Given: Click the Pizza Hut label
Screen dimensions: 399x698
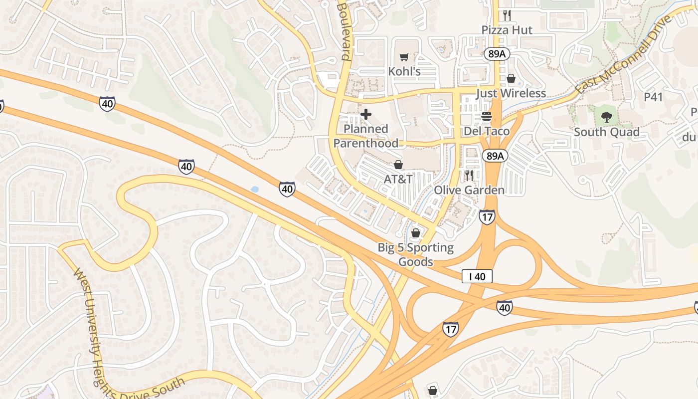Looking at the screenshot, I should coord(507,30).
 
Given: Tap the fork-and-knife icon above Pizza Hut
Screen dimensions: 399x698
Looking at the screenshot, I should coord(507,15).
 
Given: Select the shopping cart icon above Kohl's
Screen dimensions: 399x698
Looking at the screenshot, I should coord(404,57).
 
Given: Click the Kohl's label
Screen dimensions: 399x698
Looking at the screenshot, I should coord(404,71).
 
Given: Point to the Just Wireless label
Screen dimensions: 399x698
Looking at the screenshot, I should coord(511,93).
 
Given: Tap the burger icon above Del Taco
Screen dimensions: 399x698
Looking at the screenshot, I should coord(487,117).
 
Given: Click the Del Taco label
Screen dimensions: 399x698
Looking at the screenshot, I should coord(487,131).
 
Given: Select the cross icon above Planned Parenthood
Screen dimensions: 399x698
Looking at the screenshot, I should coord(366,114).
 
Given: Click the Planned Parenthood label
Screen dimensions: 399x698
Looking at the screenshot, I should coord(366,136).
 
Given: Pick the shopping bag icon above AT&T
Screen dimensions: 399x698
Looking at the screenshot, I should coord(398,164).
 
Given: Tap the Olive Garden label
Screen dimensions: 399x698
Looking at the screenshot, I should coord(469,190).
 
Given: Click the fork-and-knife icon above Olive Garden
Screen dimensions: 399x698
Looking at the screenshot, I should coord(469,175).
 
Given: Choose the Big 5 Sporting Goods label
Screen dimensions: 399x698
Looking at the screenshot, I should coord(416,254).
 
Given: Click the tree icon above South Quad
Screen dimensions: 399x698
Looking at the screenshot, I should coord(607,117).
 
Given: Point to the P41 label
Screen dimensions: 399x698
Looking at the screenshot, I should coord(653,97).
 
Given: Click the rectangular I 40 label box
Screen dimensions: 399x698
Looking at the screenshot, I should coord(477,276).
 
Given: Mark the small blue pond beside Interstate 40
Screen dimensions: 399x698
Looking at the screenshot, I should coord(255,190).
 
